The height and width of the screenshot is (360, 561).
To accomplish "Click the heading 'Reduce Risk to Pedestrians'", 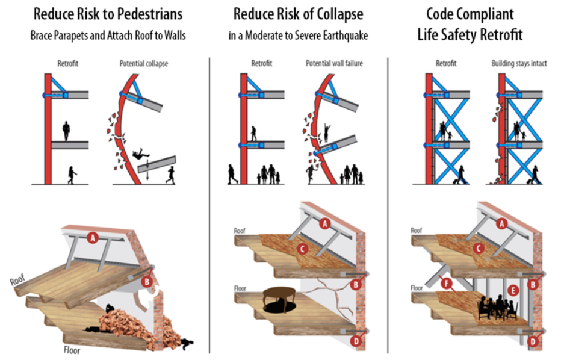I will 108,13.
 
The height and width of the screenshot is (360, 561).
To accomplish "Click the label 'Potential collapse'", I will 143,63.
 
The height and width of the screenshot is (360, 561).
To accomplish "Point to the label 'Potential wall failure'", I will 335,63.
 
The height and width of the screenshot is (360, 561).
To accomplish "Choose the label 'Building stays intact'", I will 519,63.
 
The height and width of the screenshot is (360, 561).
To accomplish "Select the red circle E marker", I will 513,289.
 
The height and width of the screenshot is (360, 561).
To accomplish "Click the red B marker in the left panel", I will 146,280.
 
